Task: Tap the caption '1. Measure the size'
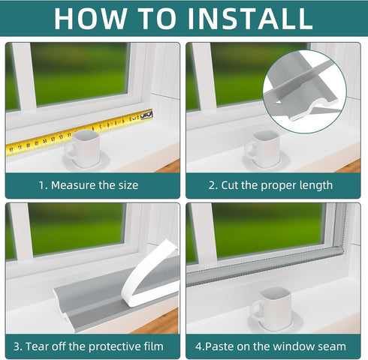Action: click(88, 184)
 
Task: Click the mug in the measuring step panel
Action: click(86, 147)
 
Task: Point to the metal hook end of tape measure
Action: click(146, 113)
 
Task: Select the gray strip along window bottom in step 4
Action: click(263, 267)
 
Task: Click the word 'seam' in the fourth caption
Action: click(330, 346)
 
